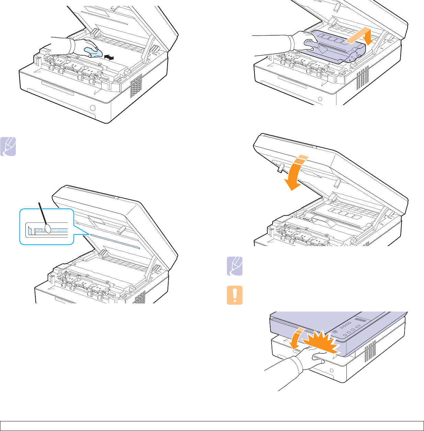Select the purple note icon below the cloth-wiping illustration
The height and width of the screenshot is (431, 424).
8,147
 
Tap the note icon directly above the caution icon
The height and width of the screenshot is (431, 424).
235,266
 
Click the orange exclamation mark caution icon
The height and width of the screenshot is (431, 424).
235,295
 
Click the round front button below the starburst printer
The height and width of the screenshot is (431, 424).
332,371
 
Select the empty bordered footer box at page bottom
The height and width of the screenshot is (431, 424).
212,426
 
